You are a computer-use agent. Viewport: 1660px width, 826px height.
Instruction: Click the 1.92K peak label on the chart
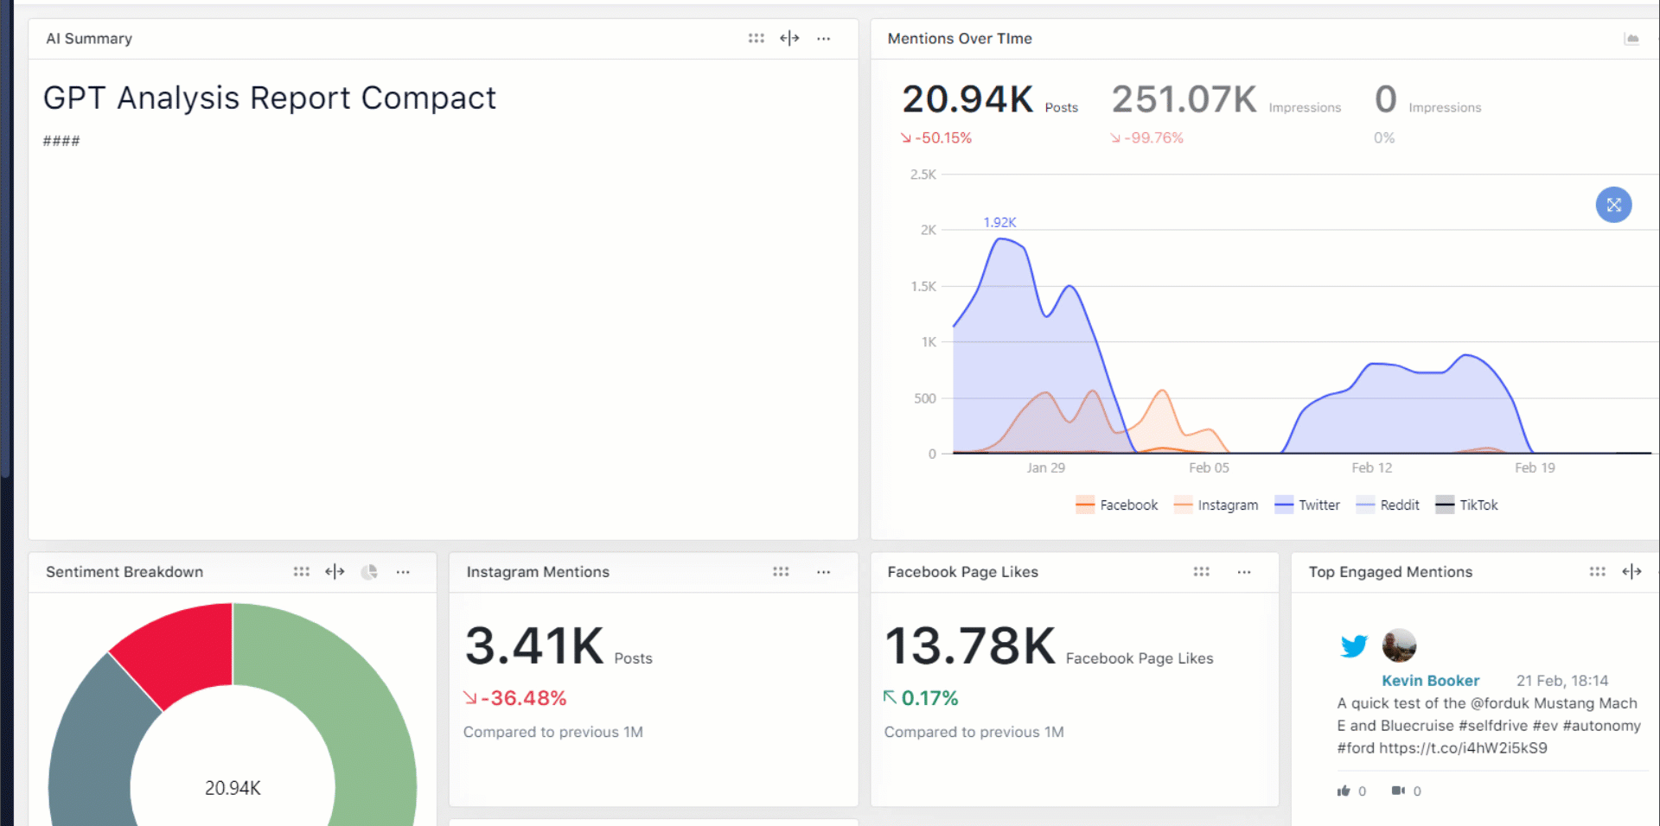coord(999,222)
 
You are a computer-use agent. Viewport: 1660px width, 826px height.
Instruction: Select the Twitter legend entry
coord(1307,505)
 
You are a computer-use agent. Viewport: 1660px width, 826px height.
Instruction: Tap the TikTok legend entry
coord(1467,505)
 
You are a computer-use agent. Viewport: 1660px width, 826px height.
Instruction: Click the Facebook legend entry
coord(1117,505)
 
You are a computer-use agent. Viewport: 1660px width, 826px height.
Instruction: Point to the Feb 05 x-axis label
coord(1208,467)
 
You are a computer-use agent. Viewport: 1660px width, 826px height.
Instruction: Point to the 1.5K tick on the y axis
coord(923,286)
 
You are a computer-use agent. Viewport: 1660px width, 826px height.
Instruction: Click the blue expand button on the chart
coord(1613,205)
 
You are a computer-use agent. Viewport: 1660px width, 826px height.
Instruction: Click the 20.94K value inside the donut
coord(233,788)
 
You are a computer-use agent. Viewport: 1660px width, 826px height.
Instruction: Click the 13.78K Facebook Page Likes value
coord(970,646)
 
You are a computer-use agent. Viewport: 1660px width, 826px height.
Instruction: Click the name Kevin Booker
coord(1430,681)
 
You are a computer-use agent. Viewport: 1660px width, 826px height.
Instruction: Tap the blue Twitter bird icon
coord(1354,645)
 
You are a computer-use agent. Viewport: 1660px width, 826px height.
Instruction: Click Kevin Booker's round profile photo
coord(1399,645)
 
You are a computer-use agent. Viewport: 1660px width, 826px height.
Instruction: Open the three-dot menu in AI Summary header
coord(824,39)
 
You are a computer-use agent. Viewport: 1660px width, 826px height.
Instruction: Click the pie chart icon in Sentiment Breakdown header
coord(369,572)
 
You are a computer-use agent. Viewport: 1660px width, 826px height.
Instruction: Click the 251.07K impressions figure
coord(1184,100)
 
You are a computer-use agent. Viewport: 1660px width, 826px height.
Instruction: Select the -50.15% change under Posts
coord(942,138)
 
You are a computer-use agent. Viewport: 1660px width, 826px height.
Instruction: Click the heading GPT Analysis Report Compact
coord(270,98)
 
